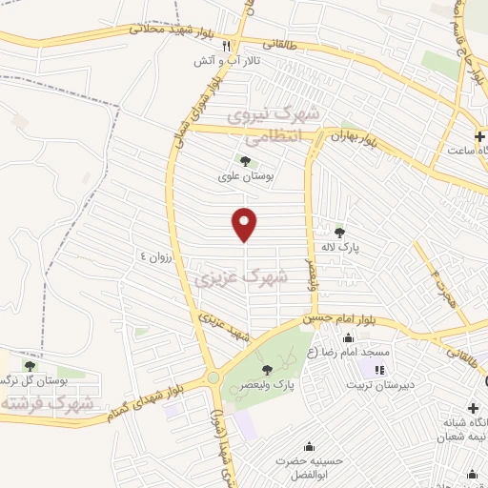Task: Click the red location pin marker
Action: (x=246, y=224)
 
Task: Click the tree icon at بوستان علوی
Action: (x=246, y=161)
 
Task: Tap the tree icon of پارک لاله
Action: (x=339, y=231)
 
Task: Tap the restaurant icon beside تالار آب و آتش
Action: (x=226, y=45)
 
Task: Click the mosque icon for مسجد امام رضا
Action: (x=347, y=336)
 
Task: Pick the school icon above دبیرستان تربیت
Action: (x=380, y=369)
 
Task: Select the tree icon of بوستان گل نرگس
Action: (x=30, y=365)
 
